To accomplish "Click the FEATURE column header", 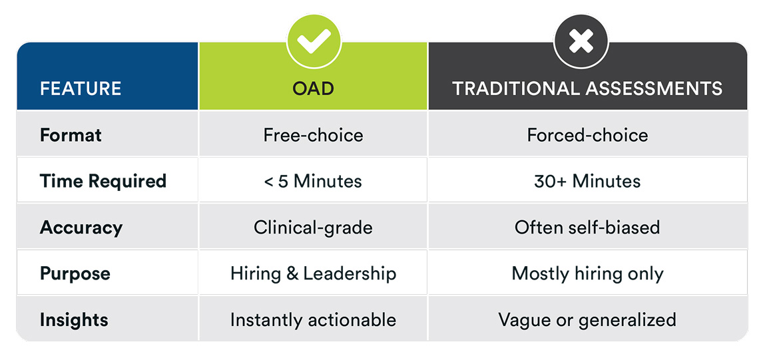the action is pyautogui.click(x=80, y=89).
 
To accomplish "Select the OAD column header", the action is pyautogui.click(x=314, y=89).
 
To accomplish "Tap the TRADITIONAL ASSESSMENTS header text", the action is pyautogui.click(x=587, y=89).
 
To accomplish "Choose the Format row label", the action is pyautogui.click(x=71, y=134).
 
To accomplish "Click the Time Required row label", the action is pyautogui.click(x=103, y=181).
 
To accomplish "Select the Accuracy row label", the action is pyautogui.click(x=81, y=228).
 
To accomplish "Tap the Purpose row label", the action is pyautogui.click(x=75, y=273).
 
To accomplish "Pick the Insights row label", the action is pyautogui.click(x=74, y=319).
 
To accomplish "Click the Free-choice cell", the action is pyautogui.click(x=314, y=134).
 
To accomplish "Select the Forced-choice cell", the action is pyautogui.click(x=587, y=134).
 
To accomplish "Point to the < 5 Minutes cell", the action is pyautogui.click(x=314, y=181).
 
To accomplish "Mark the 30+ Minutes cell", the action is pyautogui.click(x=587, y=181).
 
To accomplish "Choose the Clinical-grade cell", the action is pyautogui.click(x=314, y=228).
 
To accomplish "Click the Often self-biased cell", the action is pyautogui.click(x=587, y=228).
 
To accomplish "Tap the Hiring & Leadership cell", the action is pyautogui.click(x=314, y=273).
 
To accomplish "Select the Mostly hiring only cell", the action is pyautogui.click(x=587, y=273).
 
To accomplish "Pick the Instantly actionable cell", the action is pyautogui.click(x=314, y=319).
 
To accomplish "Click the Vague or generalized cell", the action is pyautogui.click(x=587, y=319).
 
